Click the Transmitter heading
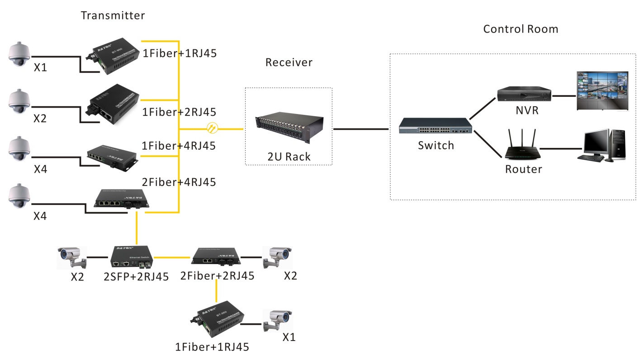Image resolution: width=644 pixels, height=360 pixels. pos(113,15)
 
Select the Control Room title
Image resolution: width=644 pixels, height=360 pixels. pos(521,29)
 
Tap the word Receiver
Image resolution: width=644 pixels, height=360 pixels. pos(289,62)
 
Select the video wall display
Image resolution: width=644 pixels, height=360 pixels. pos(602,90)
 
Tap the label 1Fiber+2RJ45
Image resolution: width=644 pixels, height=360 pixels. pos(180,112)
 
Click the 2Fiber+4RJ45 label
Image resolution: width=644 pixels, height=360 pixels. pos(179,182)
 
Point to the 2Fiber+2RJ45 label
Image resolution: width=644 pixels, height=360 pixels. pos(217,275)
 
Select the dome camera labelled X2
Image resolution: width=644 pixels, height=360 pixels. pos(19,102)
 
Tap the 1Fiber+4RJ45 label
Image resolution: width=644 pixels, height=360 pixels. pos(179,146)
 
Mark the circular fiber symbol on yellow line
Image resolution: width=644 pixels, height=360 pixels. pos(212,128)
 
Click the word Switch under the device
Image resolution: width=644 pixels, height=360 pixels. pos(436,146)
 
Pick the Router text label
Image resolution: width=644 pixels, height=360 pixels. pos(523,169)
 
